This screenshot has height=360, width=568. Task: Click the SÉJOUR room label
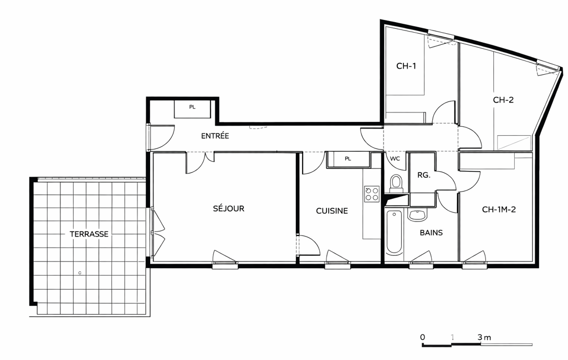click(x=228, y=208)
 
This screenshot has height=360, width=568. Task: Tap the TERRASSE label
click(x=89, y=234)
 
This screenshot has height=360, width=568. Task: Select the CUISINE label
click(x=332, y=211)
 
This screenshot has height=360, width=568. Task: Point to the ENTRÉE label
click(x=215, y=136)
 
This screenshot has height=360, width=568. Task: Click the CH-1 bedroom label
click(x=406, y=66)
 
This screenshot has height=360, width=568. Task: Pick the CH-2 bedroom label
click(x=503, y=100)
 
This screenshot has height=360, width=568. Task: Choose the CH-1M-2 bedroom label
click(x=499, y=209)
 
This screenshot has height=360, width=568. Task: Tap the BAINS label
click(x=431, y=233)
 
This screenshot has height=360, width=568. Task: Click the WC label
click(x=395, y=158)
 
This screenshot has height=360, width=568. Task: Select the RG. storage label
click(x=424, y=175)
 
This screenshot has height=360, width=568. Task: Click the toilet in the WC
click(x=396, y=184)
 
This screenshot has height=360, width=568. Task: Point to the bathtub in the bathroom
click(x=394, y=232)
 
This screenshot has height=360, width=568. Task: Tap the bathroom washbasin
click(x=418, y=214)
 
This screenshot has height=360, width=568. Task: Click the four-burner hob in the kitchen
click(x=372, y=194)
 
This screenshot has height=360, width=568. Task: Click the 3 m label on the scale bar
click(x=484, y=337)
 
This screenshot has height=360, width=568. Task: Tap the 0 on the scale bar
click(x=422, y=337)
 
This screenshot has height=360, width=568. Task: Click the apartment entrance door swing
click(x=162, y=137)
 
